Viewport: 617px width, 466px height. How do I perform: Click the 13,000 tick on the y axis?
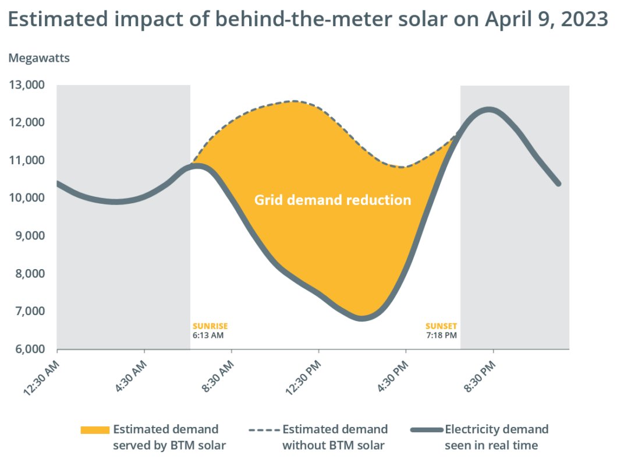[x=27, y=85]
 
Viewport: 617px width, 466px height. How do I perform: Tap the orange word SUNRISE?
[x=210, y=326]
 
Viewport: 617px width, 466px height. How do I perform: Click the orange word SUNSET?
[x=441, y=326]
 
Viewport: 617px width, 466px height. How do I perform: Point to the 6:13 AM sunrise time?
[x=208, y=336]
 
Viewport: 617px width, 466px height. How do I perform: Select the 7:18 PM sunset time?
[x=441, y=336]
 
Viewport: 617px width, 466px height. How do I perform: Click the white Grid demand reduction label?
[x=332, y=200]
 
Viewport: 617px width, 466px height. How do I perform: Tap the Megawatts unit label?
[x=38, y=58]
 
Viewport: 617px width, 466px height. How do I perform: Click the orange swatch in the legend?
[x=95, y=430]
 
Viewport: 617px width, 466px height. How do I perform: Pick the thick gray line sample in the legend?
[x=425, y=430]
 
